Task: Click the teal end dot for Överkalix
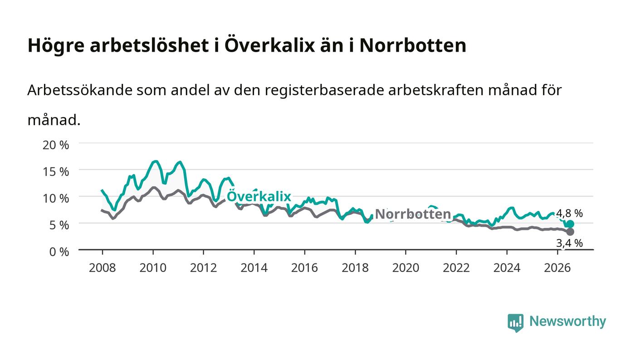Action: point(570,224)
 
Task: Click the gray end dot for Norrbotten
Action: point(570,232)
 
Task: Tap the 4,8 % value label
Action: point(569,213)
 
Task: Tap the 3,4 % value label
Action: point(569,243)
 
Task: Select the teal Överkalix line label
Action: point(259,196)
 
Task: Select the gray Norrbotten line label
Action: point(413,214)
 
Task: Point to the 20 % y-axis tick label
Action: point(55,145)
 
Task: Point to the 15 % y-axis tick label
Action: point(55,172)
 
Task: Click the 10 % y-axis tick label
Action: point(55,199)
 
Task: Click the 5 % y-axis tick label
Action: point(59,225)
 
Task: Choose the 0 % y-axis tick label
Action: point(59,252)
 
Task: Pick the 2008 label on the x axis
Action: point(103,268)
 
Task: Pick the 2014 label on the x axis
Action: point(254,268)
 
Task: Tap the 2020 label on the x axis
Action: point(405,268)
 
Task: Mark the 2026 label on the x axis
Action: point(557,268)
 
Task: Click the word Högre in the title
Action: point(56,46)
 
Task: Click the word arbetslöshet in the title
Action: point(149,45)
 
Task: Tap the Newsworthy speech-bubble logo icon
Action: point(515,322)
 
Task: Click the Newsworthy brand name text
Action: point(568,322)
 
